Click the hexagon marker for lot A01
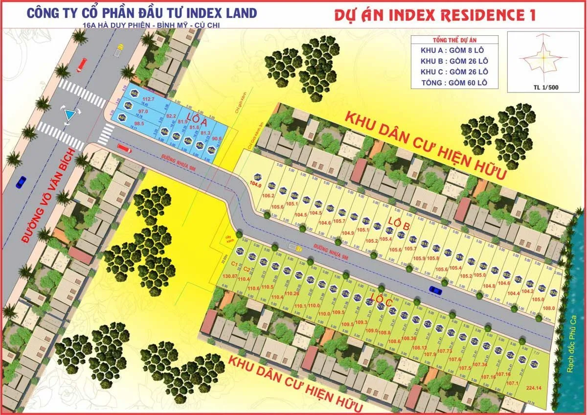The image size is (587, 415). [x=123, y=117]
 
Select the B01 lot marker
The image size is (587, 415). [x=258, y=177]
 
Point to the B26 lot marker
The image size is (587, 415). [x=553, y=292]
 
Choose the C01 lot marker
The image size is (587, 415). [x=240, y=251]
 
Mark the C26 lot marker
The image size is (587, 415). [x=534, y=364]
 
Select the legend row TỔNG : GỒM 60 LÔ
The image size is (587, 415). [x=454, y=83]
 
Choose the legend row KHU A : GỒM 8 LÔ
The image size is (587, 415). [x=454, y=50]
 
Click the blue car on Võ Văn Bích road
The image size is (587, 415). [x=21, y=182]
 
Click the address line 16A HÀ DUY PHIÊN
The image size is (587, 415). [x=142, y=24]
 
